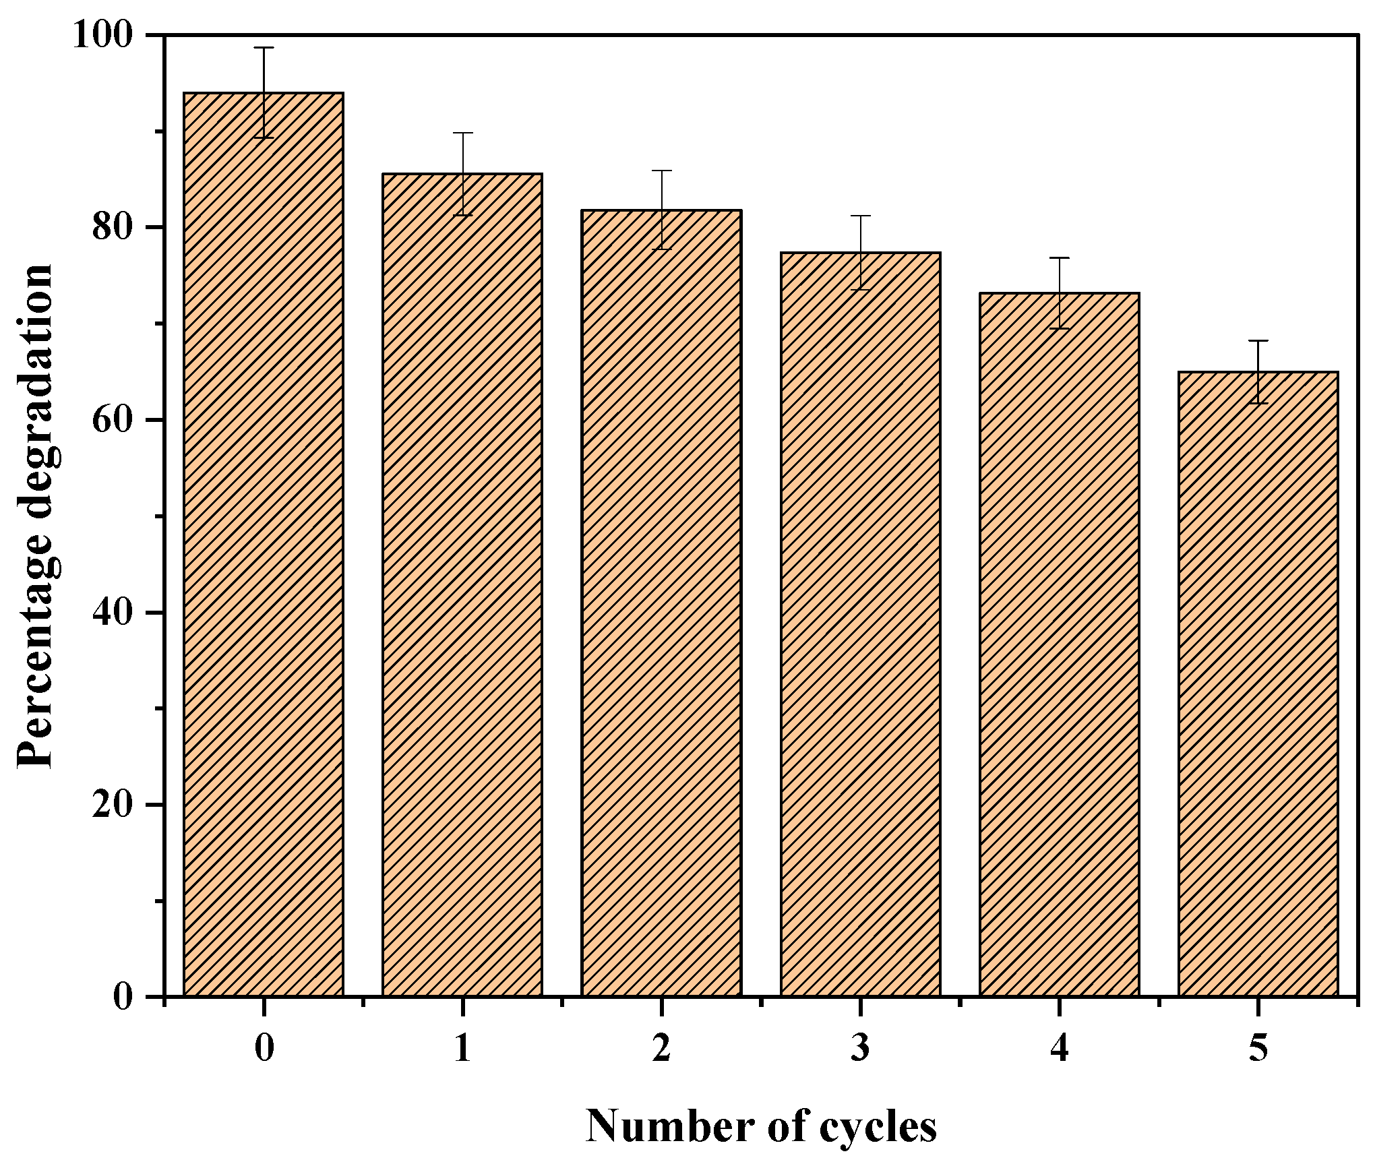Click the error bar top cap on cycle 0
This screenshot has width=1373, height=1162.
(264, 48)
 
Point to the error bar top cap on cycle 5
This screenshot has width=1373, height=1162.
(1258, 341)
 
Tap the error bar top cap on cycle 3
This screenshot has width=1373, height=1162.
(860, 216)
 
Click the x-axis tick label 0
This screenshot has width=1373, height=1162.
(264, 1050)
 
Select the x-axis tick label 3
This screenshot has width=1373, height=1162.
(860, 1050)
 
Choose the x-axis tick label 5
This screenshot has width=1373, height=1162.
(1258, 1050)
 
